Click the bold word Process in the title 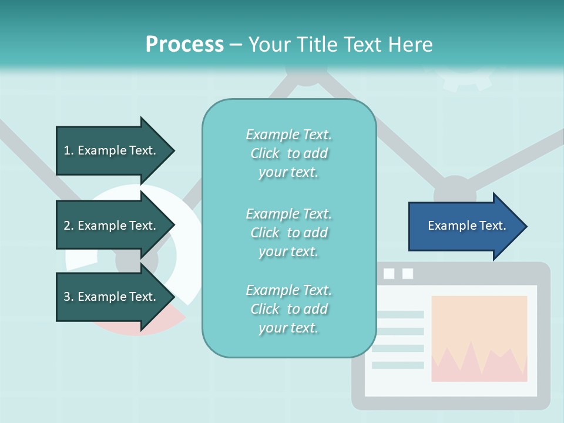pyautogui.click(x=184, y=45)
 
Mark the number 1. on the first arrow pyautogui.click(x=69, y=150)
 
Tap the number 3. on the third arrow pyautogui.click(x=69, y=297)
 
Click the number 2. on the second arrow pyautogui.click(x=69, y=226)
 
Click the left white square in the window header pyautogui.click(x=388, y=274)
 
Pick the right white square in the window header pyautogui.click(x=408, y=274)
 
